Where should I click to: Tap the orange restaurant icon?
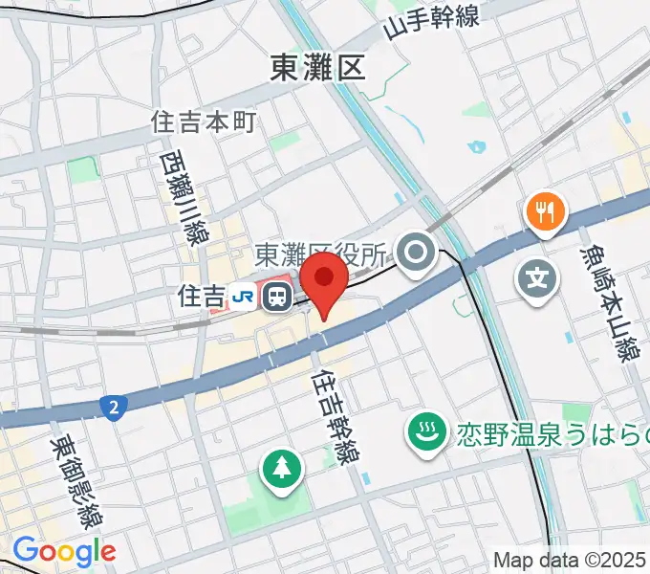[545, 211]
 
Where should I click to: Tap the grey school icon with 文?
[537, 279]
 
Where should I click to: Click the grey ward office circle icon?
[417, 254]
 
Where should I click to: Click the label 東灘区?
[318, 68]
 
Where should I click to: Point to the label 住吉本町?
[205, 121]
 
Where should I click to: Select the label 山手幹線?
[431, 21]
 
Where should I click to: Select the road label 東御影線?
[78, 483]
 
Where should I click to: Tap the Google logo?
[64, 551]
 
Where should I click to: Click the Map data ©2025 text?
[570, 559]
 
